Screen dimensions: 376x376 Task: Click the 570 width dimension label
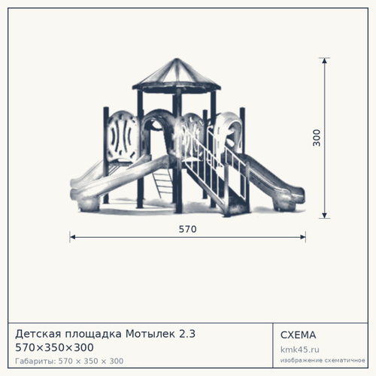[187, 229]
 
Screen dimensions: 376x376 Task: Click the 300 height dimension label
[317, 138]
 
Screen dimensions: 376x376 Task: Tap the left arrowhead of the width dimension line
[72, 237]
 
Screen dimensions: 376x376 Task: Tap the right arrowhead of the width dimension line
[303, 237]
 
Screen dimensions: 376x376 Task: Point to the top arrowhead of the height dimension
[325, 61]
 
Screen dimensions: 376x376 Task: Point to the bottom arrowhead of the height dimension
[325, 215]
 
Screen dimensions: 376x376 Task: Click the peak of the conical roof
[177, 59]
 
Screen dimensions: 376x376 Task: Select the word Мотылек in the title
[150, 334]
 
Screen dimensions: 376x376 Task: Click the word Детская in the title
[38, 334]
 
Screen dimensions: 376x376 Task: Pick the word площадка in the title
[93, 334]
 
